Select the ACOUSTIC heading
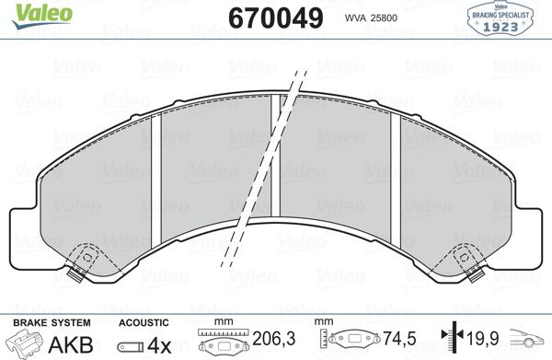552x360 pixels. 144,322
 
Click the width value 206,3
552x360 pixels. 269,340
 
